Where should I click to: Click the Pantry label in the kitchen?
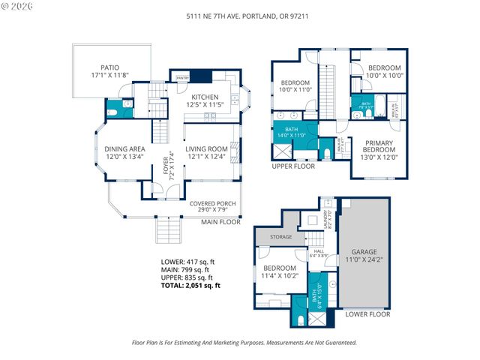[x=181, y=77]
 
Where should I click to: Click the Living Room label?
[x=206, y=153]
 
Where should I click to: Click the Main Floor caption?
[x=220, y=222]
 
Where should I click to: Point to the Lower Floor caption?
[x=367, y=314]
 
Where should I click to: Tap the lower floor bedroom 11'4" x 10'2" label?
[x=280, y=271]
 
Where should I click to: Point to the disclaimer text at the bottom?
[x=244, y=342]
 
